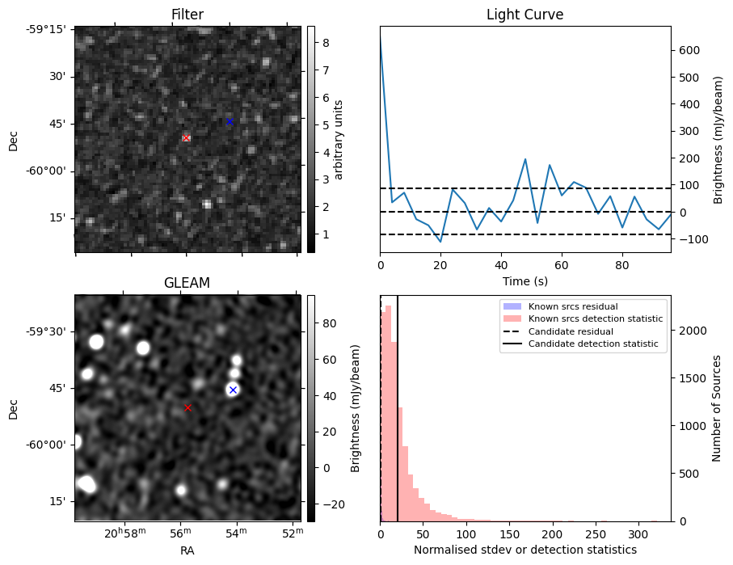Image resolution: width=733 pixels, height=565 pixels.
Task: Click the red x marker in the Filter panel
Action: (186, 138)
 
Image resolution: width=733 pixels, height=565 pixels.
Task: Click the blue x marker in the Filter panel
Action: (230, 122)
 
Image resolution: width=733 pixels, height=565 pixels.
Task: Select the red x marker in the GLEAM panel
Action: (188, 408)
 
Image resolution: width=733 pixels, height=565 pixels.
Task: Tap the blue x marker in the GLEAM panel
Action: (233, 390)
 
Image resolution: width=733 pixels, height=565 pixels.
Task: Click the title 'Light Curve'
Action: (524, 15)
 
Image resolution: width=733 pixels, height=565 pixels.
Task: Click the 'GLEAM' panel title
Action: (186, 283)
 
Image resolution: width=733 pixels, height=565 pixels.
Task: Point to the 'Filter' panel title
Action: (187, 15)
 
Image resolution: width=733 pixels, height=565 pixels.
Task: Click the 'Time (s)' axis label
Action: (524, 280)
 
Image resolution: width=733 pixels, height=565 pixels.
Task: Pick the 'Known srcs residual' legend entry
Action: (573, 306)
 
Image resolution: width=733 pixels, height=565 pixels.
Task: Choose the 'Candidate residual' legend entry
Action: (571, 331)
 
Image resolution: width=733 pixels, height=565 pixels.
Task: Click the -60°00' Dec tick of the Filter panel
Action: (50, 171)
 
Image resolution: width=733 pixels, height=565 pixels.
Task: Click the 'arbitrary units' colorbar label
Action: (339, 139)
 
